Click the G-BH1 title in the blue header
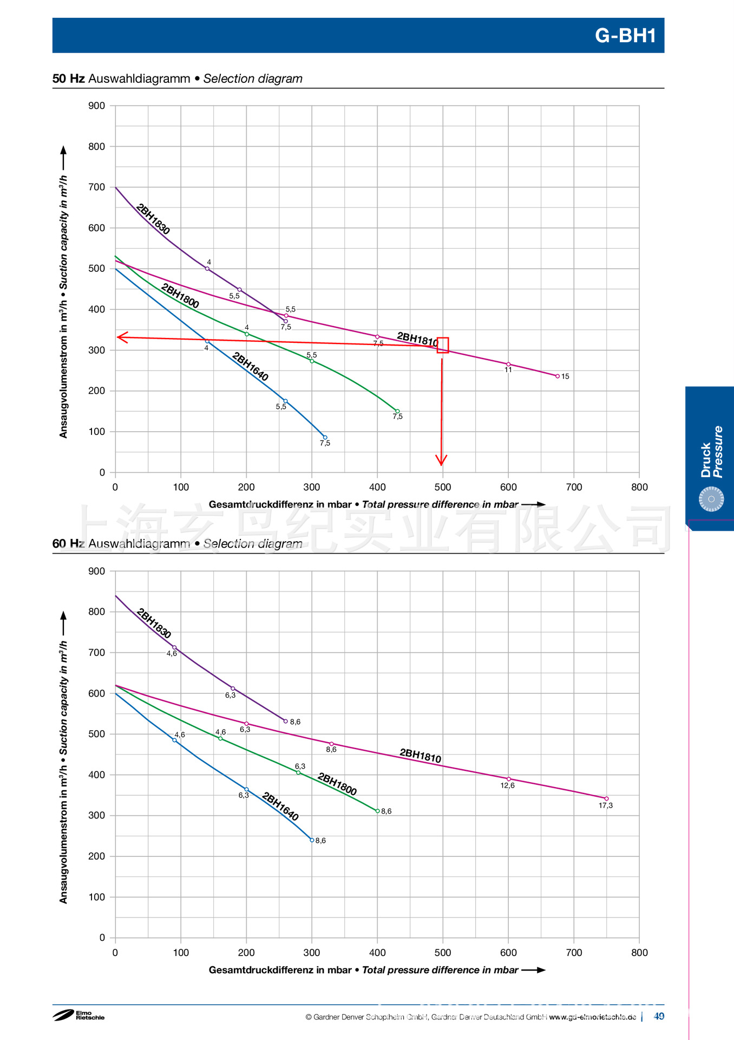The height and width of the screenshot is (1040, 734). [x=625, y=36]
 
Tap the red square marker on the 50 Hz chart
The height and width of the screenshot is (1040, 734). [x=443, y=345]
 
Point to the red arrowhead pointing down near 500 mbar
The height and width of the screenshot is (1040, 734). [x=441, y=460]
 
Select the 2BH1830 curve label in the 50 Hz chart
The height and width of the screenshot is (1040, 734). [x=153, y=219]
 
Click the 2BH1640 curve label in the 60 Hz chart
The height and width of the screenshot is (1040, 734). [x=280, y=806]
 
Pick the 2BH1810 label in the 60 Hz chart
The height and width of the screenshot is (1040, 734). [x=420, y=756]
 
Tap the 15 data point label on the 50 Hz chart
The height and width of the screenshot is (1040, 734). [x=565, y=376]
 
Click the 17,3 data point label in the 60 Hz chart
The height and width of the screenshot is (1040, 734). [x=606, y=805]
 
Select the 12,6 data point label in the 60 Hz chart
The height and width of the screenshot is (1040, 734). [x=507, y=785]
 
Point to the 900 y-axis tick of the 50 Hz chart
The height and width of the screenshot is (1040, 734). [x=97, y=106]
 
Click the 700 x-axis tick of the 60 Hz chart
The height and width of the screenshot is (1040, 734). [x=574, y=953]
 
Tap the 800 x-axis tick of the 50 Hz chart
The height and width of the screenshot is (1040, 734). [x=639, y=487]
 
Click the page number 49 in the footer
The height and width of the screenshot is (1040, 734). [x=659, y=1016]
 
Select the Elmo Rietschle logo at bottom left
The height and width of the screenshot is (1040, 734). [x=78, y=1015]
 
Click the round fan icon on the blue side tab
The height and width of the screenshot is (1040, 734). [x=711, y=499]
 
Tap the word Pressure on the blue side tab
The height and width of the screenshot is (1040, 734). [x=718, y=452]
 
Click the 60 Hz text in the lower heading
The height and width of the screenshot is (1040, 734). [x=68, y=543]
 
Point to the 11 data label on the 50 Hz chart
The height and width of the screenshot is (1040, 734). [x=508, y=370]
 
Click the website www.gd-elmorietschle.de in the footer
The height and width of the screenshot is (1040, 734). [x=592, y=1017]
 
